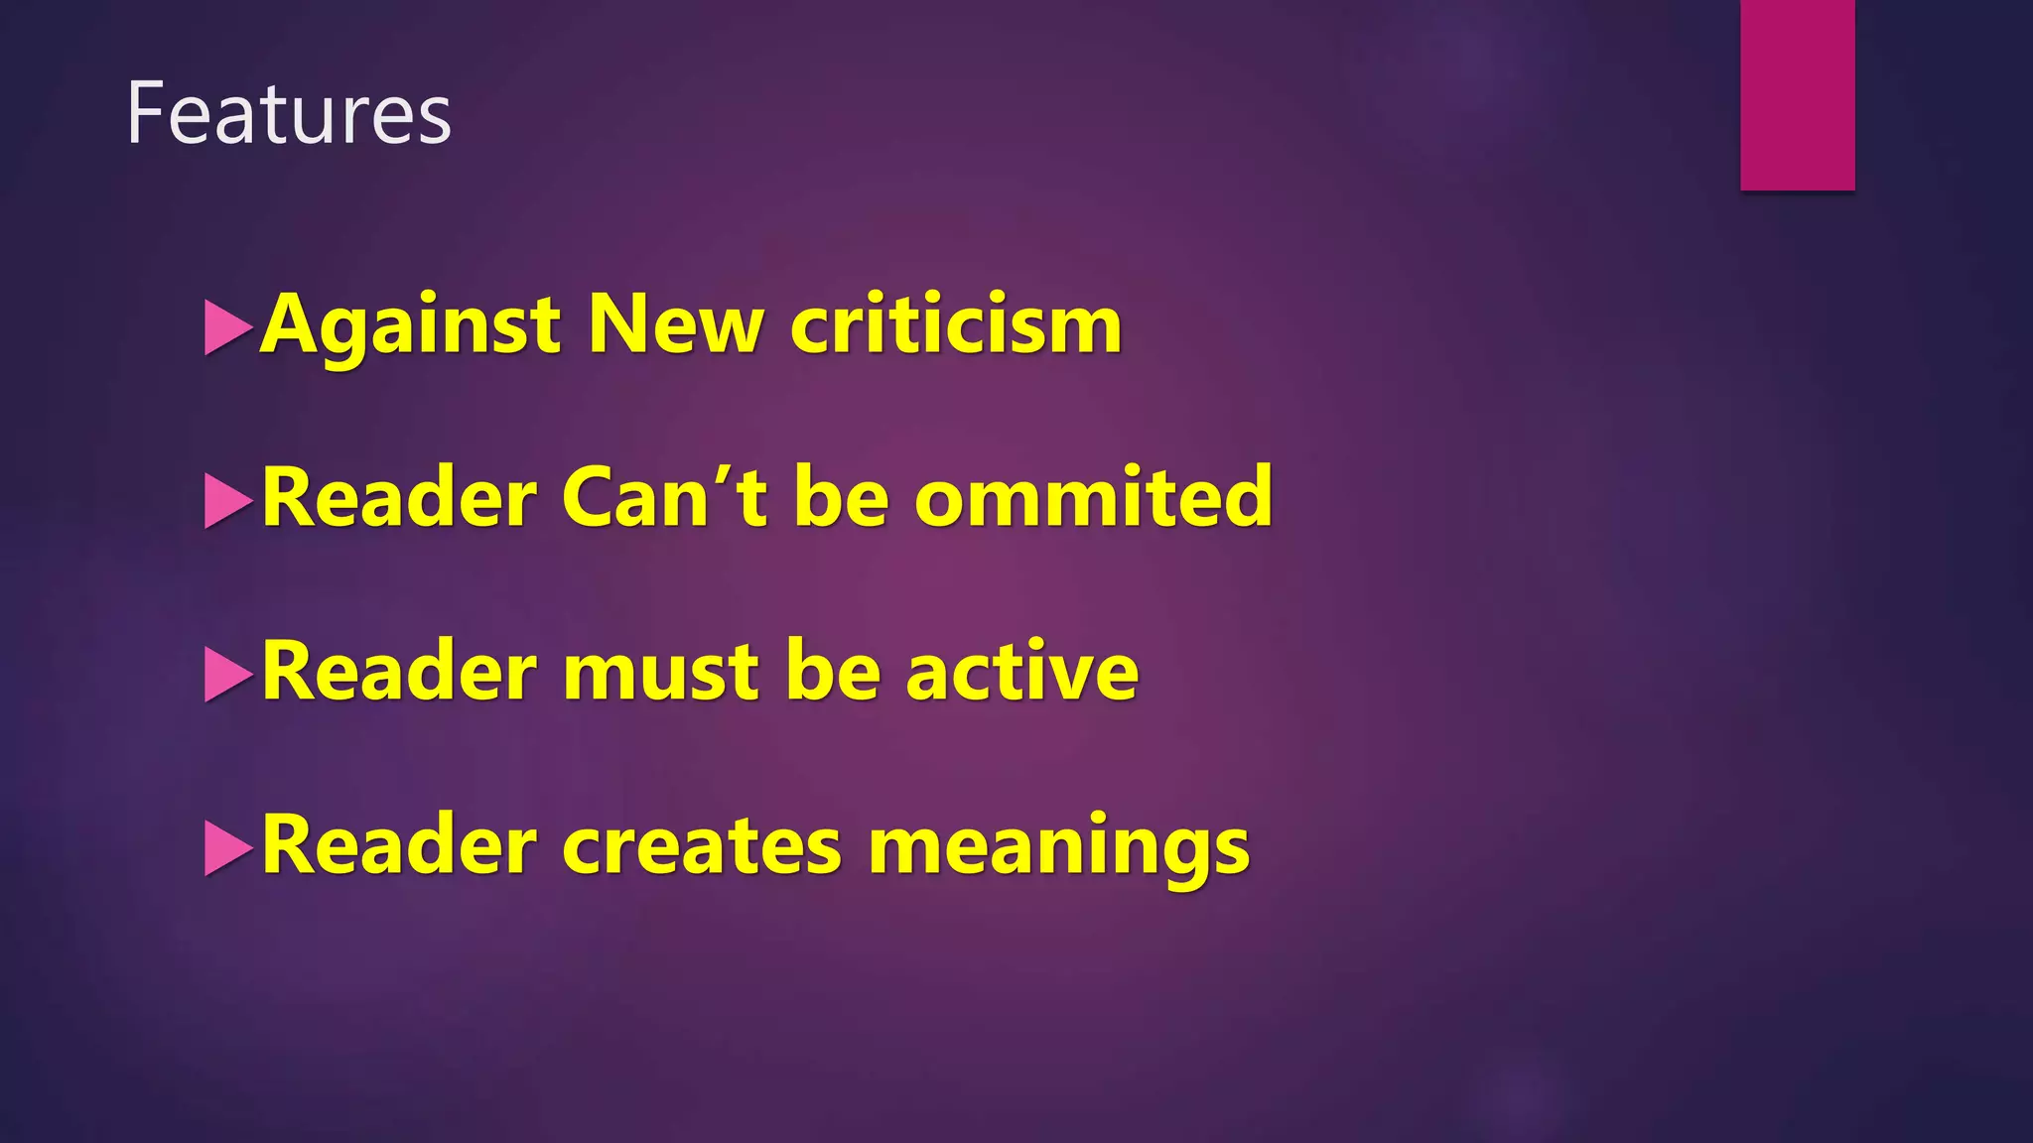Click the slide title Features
point(289,114)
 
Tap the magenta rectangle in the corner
point(1797,94)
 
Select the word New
point(676,324)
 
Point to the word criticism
point(956,324)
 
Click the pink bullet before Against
point(227,327)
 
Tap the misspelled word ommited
point(1093,497)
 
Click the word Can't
point(664,497)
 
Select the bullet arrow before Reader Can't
point(227,501)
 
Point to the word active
point(1021,672)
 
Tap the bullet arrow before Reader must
point(227,675)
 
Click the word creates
point(702,846)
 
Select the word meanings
point(1059,848)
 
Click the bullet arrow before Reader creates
point(227,849)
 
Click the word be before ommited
point(841,497)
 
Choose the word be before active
point(833,672)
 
